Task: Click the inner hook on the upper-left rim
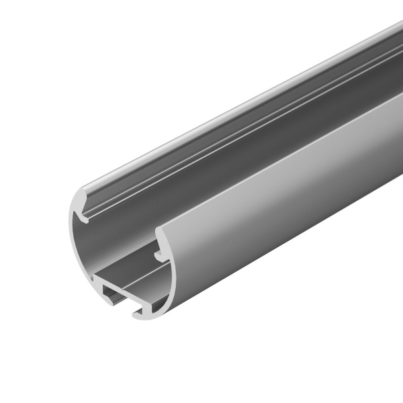point(87,216)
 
